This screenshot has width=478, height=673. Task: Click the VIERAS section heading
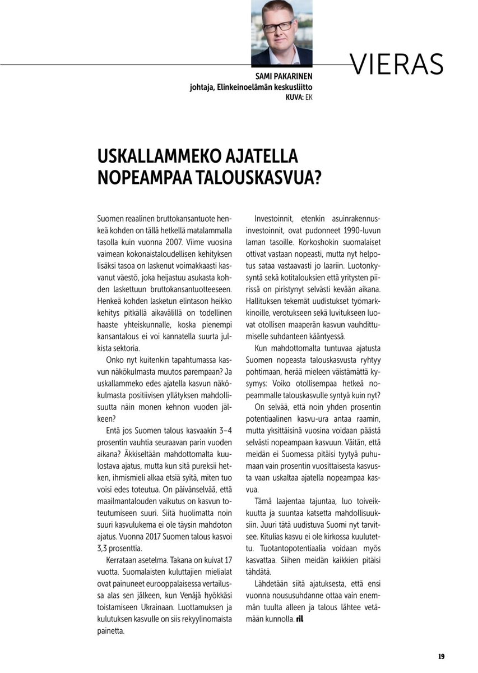coord(397,65)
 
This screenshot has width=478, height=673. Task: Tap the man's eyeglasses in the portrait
coord(279,26)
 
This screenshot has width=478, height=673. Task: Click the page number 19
coord(441,656)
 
